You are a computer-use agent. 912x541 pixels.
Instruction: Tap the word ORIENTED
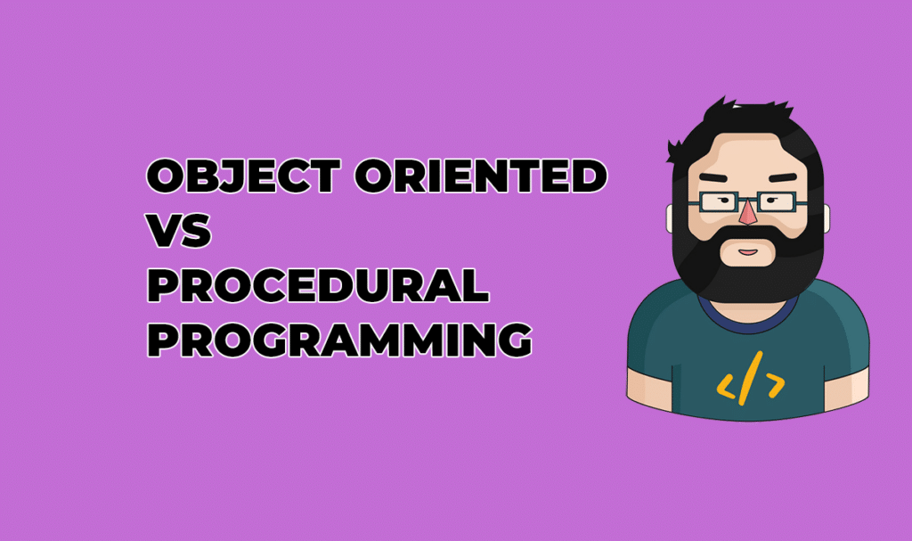click(481, 176)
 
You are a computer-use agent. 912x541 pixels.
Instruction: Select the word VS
click(179, 232)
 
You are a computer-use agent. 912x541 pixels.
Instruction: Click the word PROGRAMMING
click(339, 340)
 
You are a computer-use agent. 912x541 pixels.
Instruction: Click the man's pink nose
click(748, 214)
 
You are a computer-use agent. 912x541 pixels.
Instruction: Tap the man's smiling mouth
click(749, 252)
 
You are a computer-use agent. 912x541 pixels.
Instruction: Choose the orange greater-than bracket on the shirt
click(774, 384)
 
